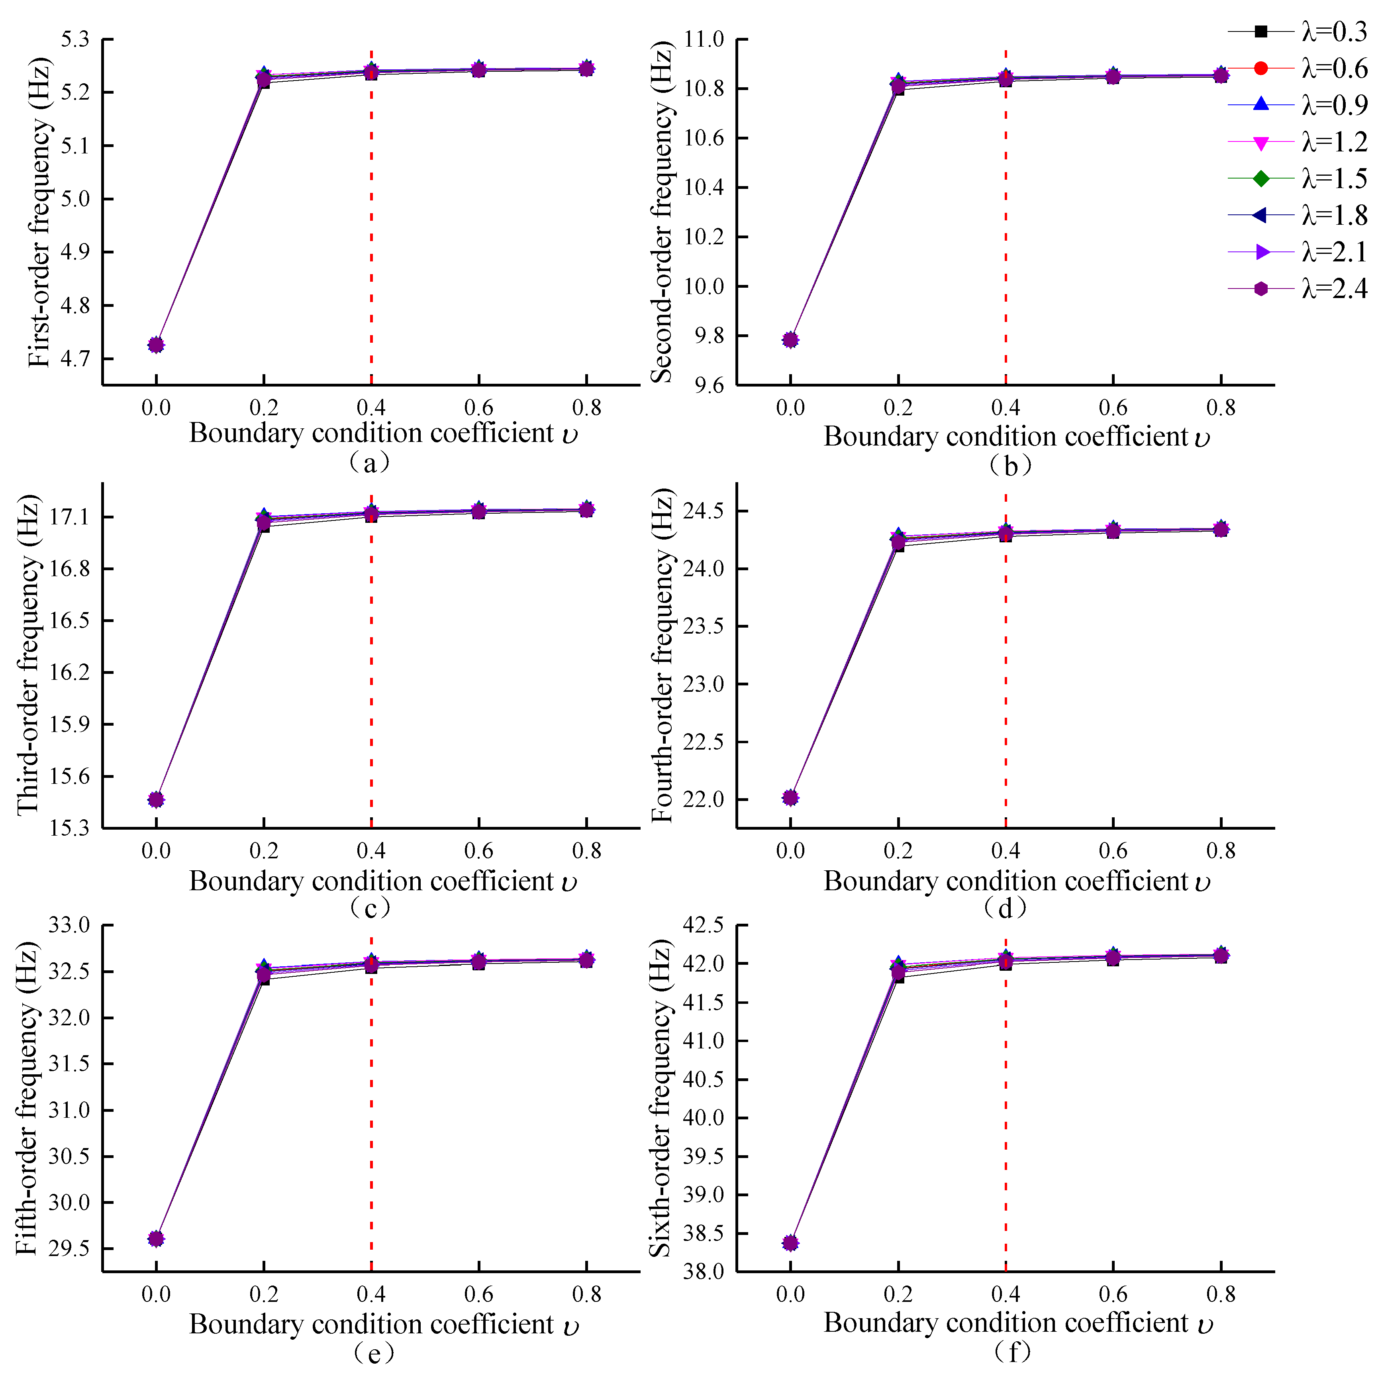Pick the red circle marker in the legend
[x=1261, y=69]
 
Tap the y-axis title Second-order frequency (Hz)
[x=662, y=212]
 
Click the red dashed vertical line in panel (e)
[x=371, y=1143]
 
